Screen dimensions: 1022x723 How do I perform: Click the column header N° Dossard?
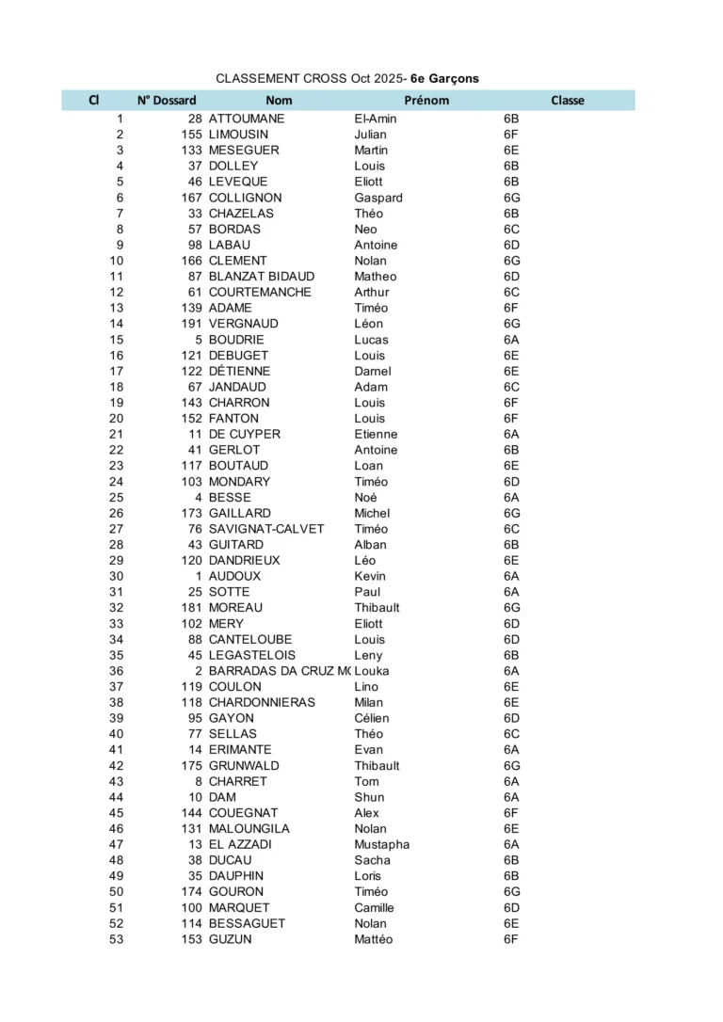(x=167, y=101)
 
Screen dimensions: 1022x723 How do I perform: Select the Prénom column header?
(x=426, y=101)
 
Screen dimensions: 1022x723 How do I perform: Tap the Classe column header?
(x=567, y=101)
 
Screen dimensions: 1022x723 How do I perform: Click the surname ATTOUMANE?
(x=247, y=120)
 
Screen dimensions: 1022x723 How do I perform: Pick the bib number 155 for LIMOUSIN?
(x=191, y=135)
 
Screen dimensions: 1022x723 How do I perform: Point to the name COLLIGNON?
(x=245, y=198)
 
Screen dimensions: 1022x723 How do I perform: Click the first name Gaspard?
(x=378, y=198)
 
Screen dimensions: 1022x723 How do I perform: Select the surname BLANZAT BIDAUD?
(x=262, y=277)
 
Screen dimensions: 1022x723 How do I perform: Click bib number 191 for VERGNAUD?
(x=191, y=324)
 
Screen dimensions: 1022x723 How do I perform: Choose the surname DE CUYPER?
(x=244, y=435)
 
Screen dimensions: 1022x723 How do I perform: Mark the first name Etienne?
(x=376, y=435)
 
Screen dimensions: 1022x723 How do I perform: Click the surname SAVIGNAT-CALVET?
(x=266, y=529)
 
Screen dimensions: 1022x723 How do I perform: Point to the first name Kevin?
(x=370, y=576)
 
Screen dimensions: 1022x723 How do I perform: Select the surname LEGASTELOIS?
(x=252, y=655)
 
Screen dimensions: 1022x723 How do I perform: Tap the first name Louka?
(x=372, y=671)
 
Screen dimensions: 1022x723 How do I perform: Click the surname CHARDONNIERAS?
(x=262, y=703)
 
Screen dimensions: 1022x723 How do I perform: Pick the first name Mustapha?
(x=382, y=845)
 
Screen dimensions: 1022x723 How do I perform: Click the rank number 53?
(x=116, y=939)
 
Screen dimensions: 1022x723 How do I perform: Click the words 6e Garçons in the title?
(x=444, y=79)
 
